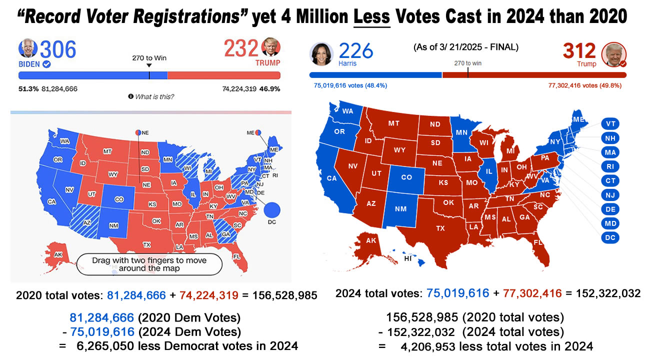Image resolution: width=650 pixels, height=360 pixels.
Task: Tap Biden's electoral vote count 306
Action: (58, 50)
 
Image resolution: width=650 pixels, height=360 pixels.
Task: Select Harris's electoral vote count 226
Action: (355, 51)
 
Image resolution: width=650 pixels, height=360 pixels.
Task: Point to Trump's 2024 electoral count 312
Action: (579, 51)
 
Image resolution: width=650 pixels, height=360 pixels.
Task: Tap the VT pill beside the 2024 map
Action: (610, 124)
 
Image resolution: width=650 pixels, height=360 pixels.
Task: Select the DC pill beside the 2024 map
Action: (610, 237)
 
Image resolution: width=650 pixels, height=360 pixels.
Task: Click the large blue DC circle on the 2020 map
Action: (272, 210)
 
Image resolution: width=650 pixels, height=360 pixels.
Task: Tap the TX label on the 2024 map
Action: (440, 228)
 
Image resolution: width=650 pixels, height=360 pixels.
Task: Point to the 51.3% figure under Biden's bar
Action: (28, 89)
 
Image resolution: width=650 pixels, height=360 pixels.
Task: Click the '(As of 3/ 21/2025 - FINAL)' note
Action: (466, 47)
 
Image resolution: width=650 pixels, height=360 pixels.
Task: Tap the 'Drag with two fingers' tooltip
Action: (149, 264)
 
